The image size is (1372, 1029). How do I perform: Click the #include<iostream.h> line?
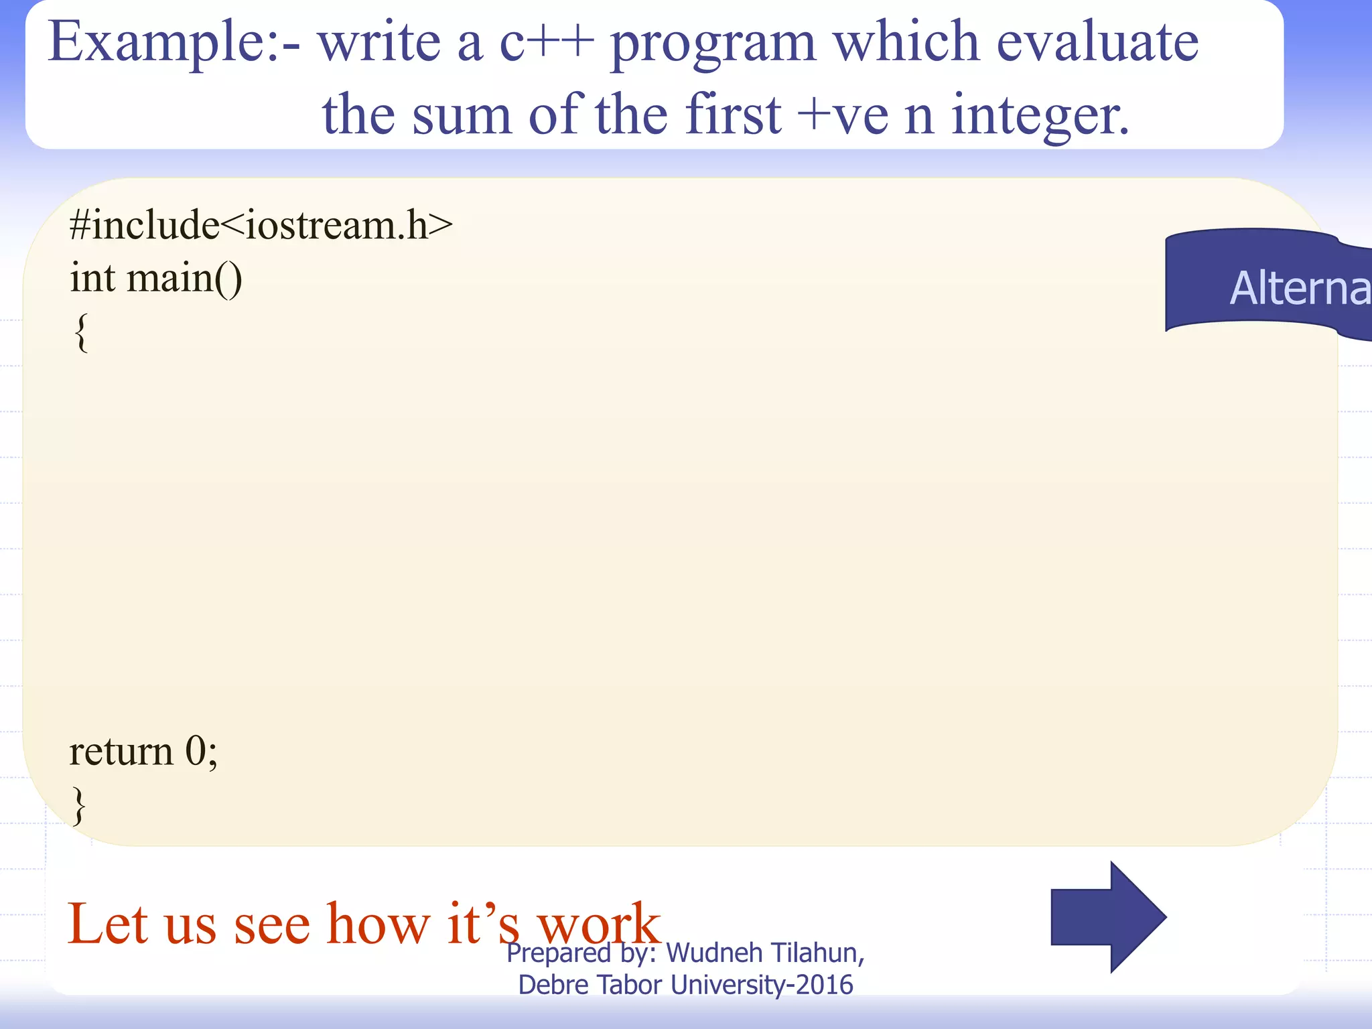tap(261, 225)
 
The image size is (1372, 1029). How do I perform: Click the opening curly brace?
tap(80, 332)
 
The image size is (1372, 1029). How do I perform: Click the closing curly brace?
tap(79, 805)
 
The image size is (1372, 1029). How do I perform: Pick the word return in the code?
tap(121, 752)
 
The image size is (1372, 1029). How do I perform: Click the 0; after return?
tap(201, 752)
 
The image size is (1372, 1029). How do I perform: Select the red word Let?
tap(107, 924)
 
